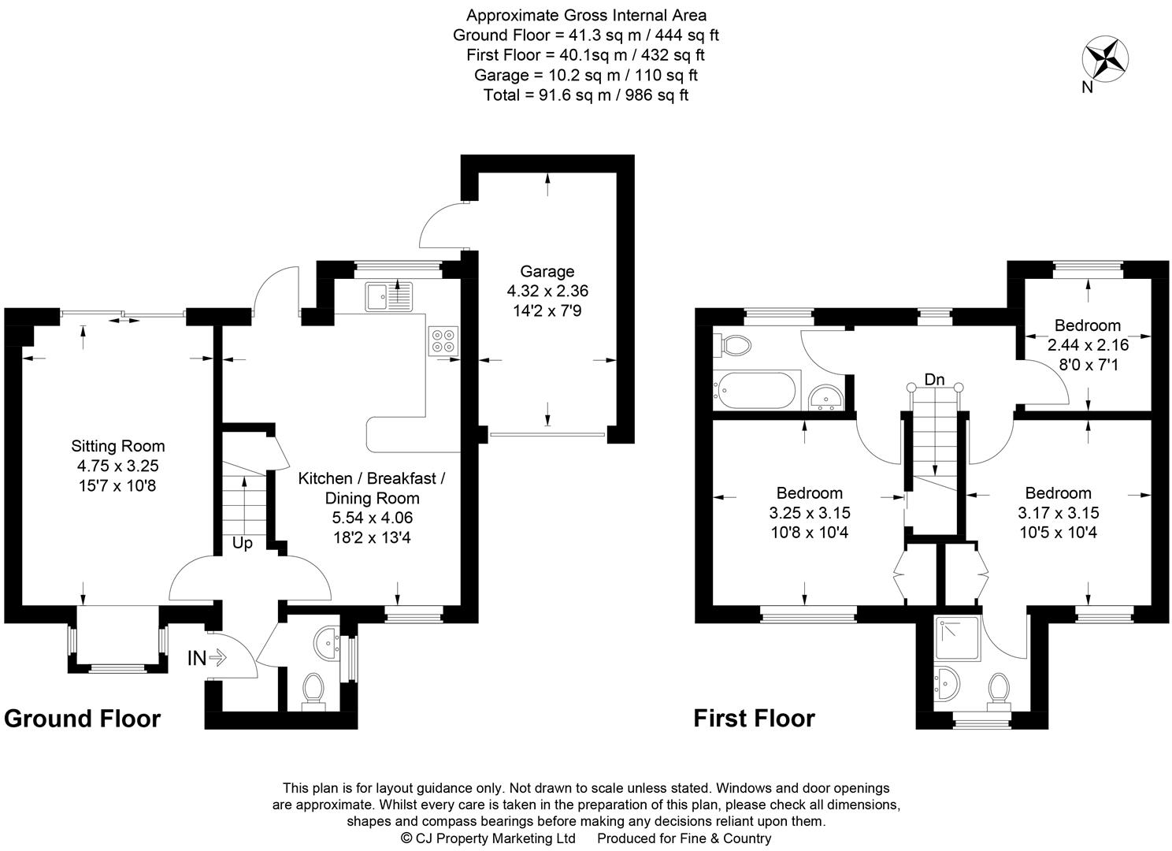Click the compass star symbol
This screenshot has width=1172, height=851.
click(x=1106, y=59)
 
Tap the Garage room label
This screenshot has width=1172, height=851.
click(x=547, y=271)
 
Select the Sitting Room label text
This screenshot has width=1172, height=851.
click(x=118, y=446)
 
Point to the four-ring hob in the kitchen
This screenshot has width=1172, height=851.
click(x=443, y=340)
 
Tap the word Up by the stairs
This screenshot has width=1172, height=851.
click(x=242, y=543)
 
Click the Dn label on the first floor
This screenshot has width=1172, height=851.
click(x=934, y=380)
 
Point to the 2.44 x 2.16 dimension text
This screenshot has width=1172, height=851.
click(x=1088, y=344)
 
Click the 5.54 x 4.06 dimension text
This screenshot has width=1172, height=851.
click(x=372, y=518)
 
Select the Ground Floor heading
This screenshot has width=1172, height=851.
click(x=82, y=719)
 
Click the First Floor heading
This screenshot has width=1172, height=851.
click(x=754, y=719)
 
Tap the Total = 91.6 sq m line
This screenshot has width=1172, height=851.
click(x=586, y=95)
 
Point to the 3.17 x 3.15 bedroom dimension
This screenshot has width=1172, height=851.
click(x=1058, y=513)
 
